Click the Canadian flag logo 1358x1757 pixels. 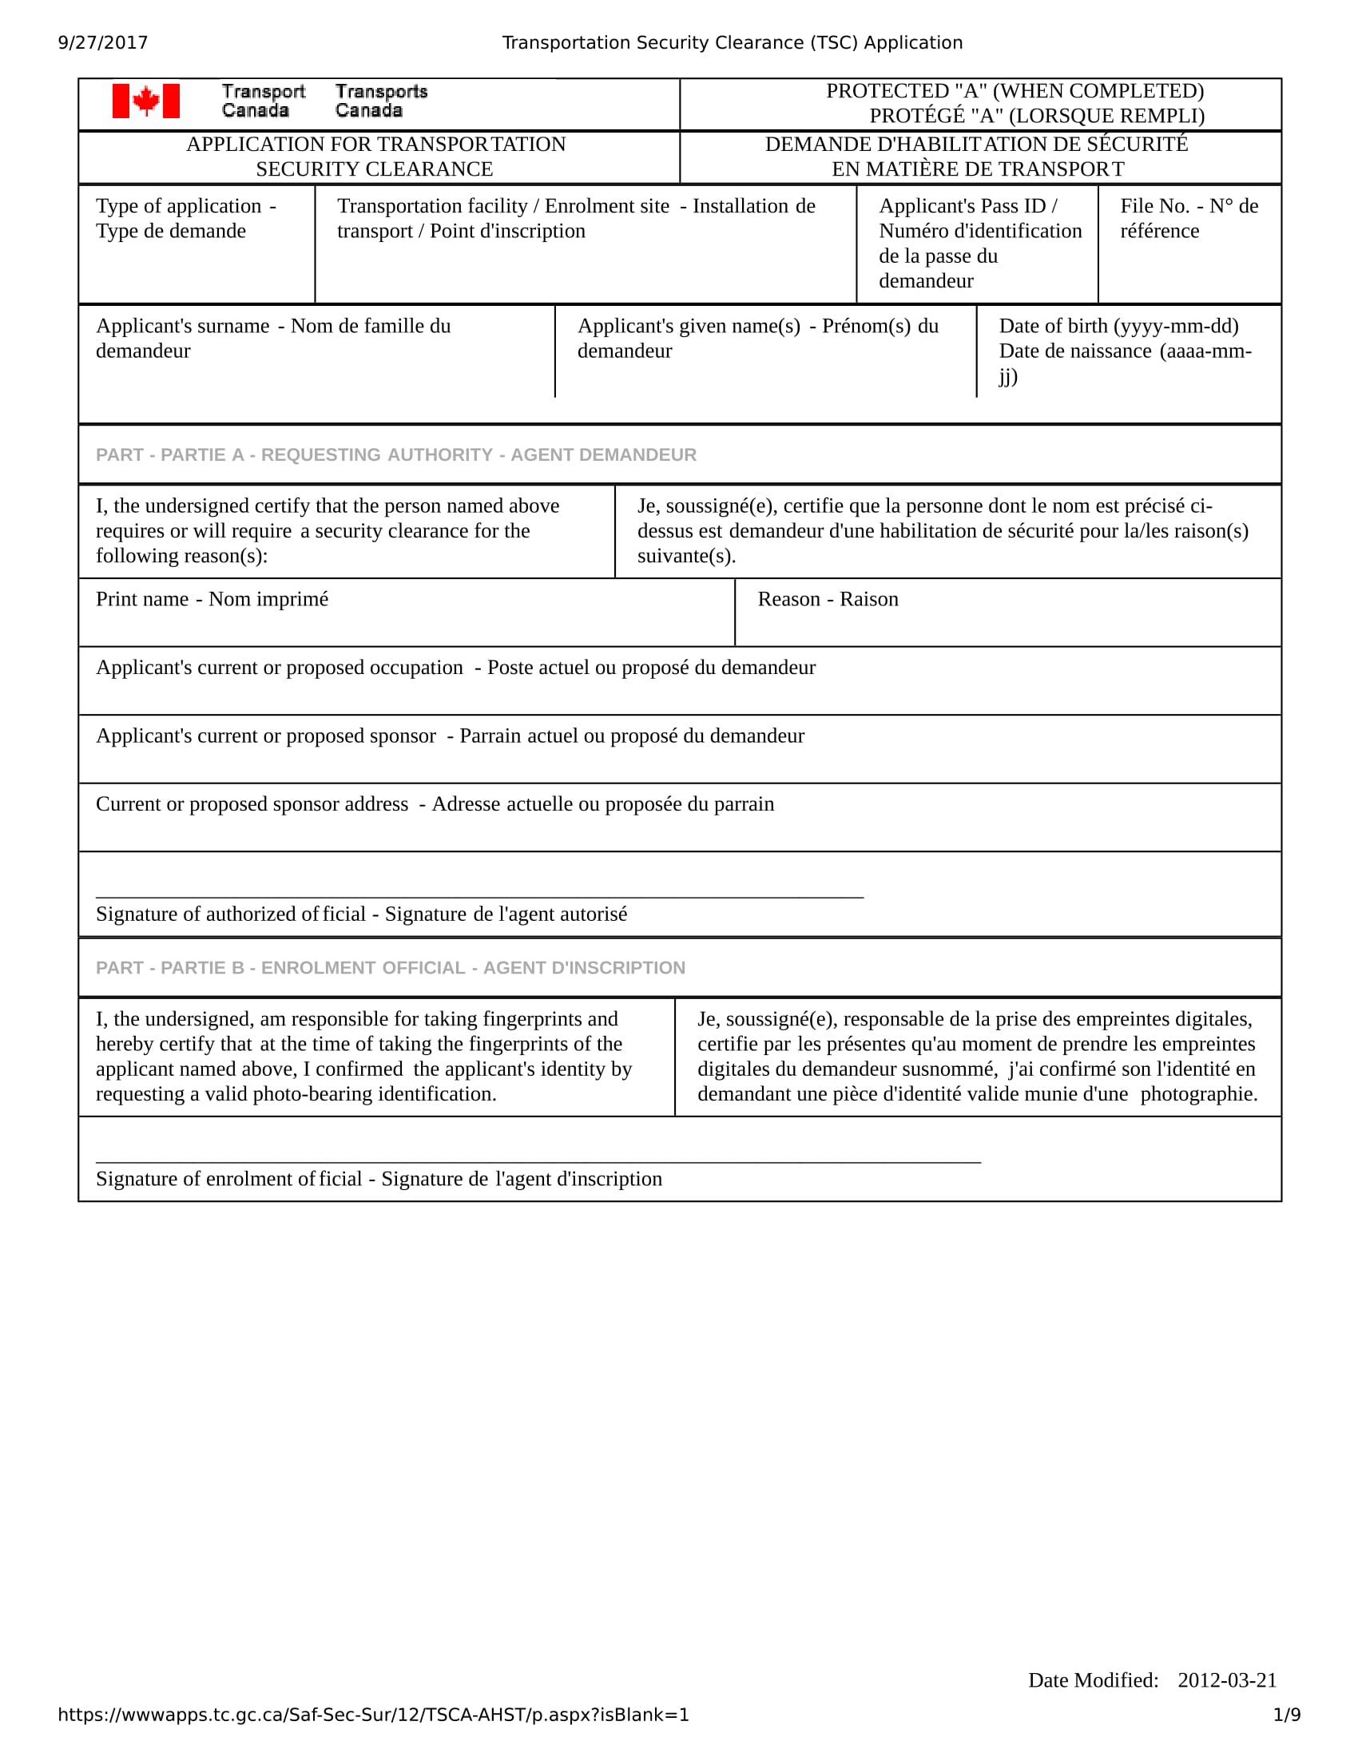click(x=145, y=101)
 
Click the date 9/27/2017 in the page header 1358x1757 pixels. click(x=103, y=42)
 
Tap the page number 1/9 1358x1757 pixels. click(x=1286, y=1715)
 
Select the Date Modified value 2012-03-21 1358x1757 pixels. click(x=1227, y=1680)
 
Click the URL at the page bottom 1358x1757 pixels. click(x=373, y=1715)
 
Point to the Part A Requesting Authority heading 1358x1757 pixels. click(x=395, y=454)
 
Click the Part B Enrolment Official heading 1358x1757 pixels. click(x=390, y=968)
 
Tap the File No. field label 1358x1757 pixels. click(x=1189, y=218)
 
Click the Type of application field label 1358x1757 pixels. click(x=186, y=218)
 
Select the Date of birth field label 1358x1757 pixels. click(x=1124, y=350)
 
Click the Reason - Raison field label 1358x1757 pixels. click(x=827, y=599)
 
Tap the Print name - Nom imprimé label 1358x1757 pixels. click(x=212, y=599)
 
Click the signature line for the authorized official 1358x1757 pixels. click(x=479, y=895)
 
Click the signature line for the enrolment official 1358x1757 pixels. click(x=538, y=1162)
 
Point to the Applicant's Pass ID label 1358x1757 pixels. click(x=979, y=243)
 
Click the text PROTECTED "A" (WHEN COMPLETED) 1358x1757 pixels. click(x=1015, y=91)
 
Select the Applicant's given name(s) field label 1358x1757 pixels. click(x=757, y=338)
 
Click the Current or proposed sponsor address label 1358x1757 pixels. click(x=435, y=803)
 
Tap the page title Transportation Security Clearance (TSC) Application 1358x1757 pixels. click(x=732, y=42)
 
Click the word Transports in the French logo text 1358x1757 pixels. click(x=381, y=92)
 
